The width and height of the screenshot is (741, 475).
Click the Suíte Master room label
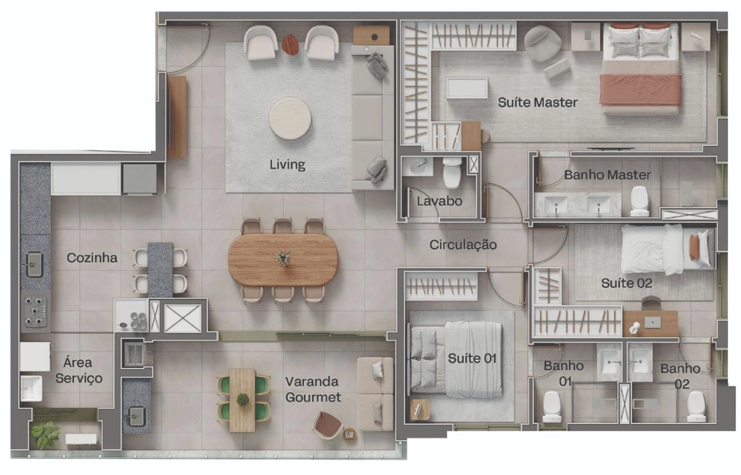coord(538,103)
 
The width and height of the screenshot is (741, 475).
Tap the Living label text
coord(287,165)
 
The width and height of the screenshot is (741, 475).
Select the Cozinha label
coord(92,258)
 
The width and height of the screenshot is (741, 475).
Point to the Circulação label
coord(463,245)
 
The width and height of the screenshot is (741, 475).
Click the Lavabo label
coord(439,201)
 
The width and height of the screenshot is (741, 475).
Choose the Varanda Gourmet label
coord(313,389)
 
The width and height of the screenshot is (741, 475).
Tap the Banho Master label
coord(607,175)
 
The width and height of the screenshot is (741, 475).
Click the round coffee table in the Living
coord(290,118)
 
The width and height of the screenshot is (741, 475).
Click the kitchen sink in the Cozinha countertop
coord(35,265)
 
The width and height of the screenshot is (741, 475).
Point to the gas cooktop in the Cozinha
coord(35,311)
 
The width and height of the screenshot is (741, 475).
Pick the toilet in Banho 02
coord(696,407)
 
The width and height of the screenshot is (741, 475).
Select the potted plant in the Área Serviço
coord(45,434)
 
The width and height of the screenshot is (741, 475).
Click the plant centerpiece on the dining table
coord(284,258)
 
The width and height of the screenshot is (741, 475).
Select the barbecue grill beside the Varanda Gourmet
coord(135,355)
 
